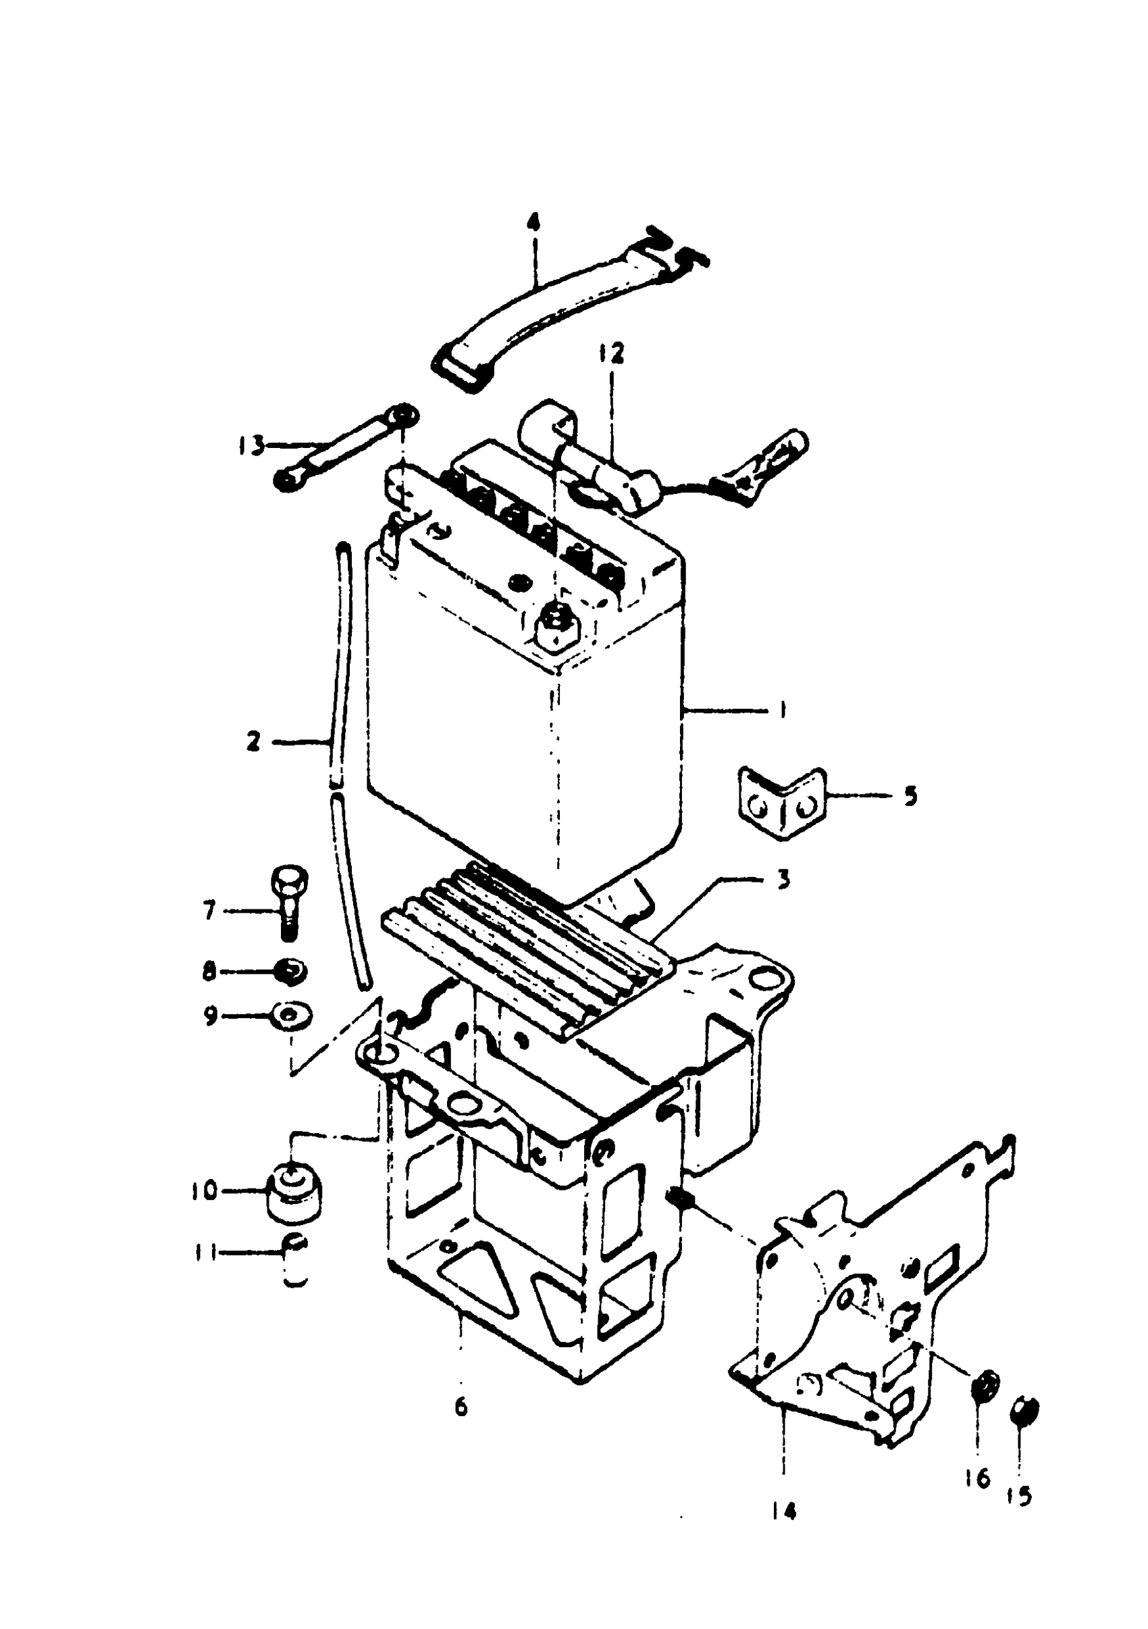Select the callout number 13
pyautogui.click(x=251, y=447)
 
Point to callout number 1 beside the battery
pyautogui.click(x=782, y=710)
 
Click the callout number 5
pyautogui.click(x=910, y=795)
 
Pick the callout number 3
pyautogui.click(x=783, y=880)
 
